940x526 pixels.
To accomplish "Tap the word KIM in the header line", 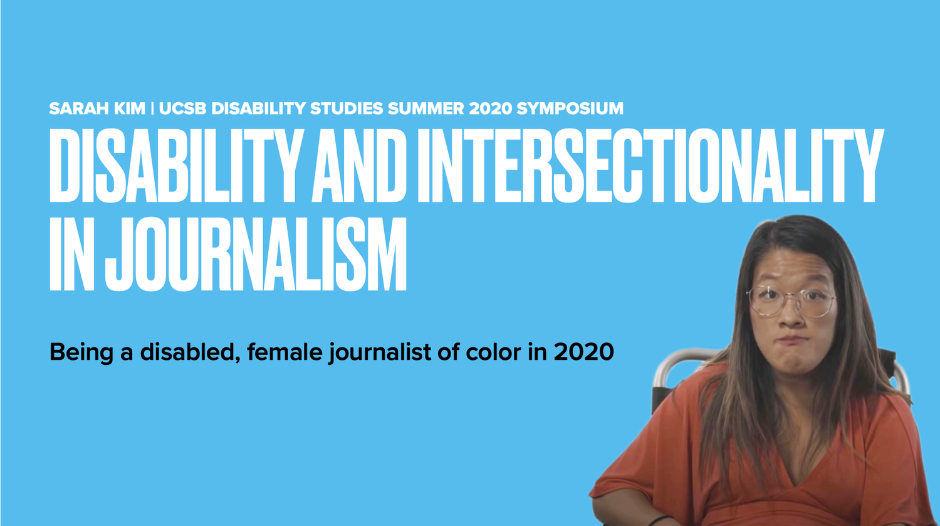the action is pyautogui.click(x=130, y=108).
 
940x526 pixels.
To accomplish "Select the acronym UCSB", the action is pyautogui.click(x=182, y=108).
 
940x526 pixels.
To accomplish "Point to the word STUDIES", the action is pyautogui.click(x=347, y=108).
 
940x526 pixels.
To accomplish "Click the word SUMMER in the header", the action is pyautogui.click(x=426, y=108).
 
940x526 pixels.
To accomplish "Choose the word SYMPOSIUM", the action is pyautogui.click(x=570, y=108).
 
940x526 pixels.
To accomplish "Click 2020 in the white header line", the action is pyautogui.click(x=491, y=108).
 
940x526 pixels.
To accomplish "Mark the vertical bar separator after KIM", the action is pyautogui.click(x=152, y=108).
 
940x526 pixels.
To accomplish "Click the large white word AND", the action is pyautogui.click(x=359, y=165).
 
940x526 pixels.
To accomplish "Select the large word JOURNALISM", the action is pyautogui.click(x=256, y=254).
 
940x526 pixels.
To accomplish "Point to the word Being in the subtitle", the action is pyautogui.click(x=81, y=352).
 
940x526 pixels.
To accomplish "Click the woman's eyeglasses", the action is pyautogui.click(x=791, y=301).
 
